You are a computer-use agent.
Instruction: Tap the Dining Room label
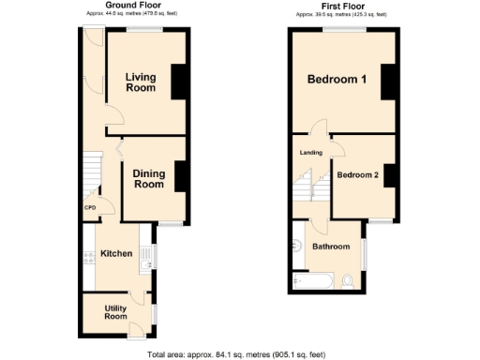[x=148, y=179]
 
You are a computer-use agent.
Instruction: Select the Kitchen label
[x=116, y=253]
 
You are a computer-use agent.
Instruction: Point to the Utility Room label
[x=115, y=312]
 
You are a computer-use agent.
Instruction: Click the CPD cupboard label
[x=90, y=207]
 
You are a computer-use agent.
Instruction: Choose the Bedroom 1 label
[x=337, y=80]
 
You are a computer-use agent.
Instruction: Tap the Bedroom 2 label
[x=357, y=174]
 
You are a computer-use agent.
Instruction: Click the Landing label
[x=310, y=153]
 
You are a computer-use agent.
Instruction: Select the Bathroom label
[x=331, y=247]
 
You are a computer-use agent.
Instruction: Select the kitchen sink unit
[x=144, y=255]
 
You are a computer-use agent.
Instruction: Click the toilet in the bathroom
[x=349, y=279]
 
